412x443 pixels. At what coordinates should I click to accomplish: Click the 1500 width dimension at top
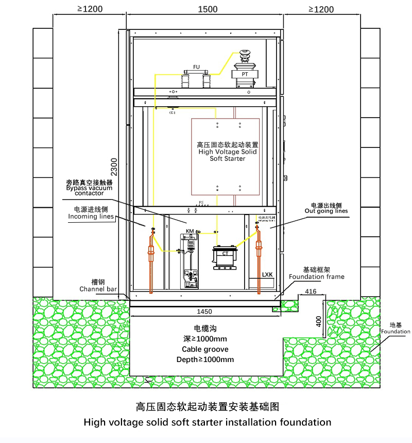[207, 9]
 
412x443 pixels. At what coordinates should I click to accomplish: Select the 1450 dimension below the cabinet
[205, 311]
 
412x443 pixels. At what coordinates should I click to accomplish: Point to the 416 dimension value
[311, 292]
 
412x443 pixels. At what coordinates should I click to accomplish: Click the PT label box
[245, 74]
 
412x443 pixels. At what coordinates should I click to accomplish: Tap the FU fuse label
[196, 68]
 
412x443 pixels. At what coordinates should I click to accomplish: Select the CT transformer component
[225, 256]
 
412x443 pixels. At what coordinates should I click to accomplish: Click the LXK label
[267, 274]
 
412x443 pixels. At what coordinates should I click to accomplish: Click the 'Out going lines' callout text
[326, 211]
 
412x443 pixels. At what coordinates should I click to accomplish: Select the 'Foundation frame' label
[316, 277]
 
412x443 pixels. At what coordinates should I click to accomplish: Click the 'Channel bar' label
[99, 289]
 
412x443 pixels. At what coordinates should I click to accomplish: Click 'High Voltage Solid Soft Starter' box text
[227, 152]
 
